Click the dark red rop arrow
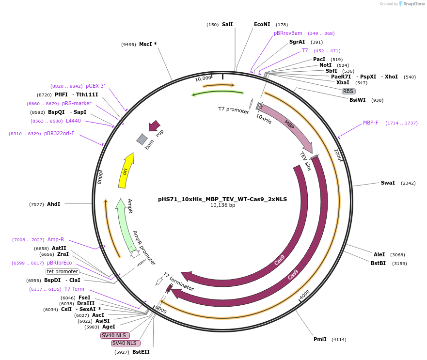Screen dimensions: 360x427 coord(154,126)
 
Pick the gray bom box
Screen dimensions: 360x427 coord(142,140)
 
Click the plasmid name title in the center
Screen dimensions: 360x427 coord(222,199)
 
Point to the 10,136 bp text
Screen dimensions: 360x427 coord(222,205)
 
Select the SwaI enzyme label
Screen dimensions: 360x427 coord(388,183)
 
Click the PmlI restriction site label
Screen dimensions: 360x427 coord(320,339)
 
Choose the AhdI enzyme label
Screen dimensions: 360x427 coord(54,204)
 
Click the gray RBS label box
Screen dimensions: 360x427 coord(348,91)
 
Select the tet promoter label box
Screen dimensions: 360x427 coord(63,271)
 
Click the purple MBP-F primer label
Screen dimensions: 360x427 coord(371,123)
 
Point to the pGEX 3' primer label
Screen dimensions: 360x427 coord(95,86)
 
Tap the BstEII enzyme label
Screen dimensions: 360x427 coord(141,352)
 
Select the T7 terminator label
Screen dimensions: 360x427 coord(178,282)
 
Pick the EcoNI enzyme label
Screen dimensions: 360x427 coord(262,24)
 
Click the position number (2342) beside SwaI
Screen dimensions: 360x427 coord(408,183)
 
